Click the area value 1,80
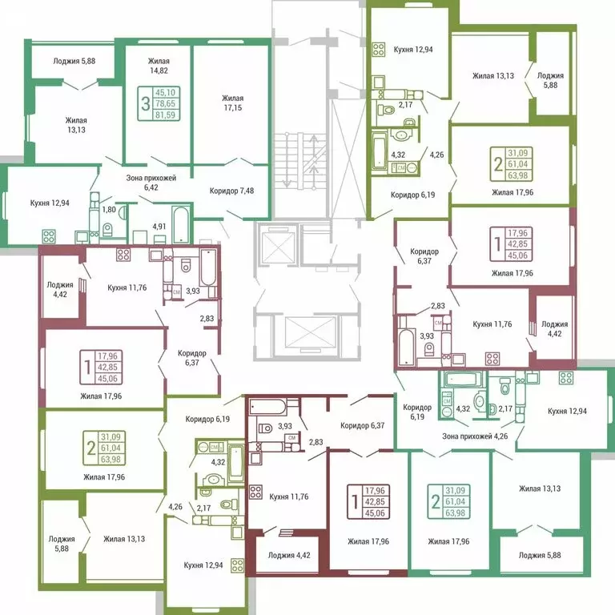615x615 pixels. click(x=110, y=210)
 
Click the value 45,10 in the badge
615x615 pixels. click(x=167, y=93)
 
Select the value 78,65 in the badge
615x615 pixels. click(x=167, y=103)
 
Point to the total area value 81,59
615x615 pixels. click(x=167, y=115)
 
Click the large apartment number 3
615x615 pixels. click(x=145, y=103)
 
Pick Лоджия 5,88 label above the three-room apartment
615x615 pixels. click(x=74, y=62)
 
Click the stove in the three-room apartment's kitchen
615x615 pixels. click(x=48, y=236)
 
